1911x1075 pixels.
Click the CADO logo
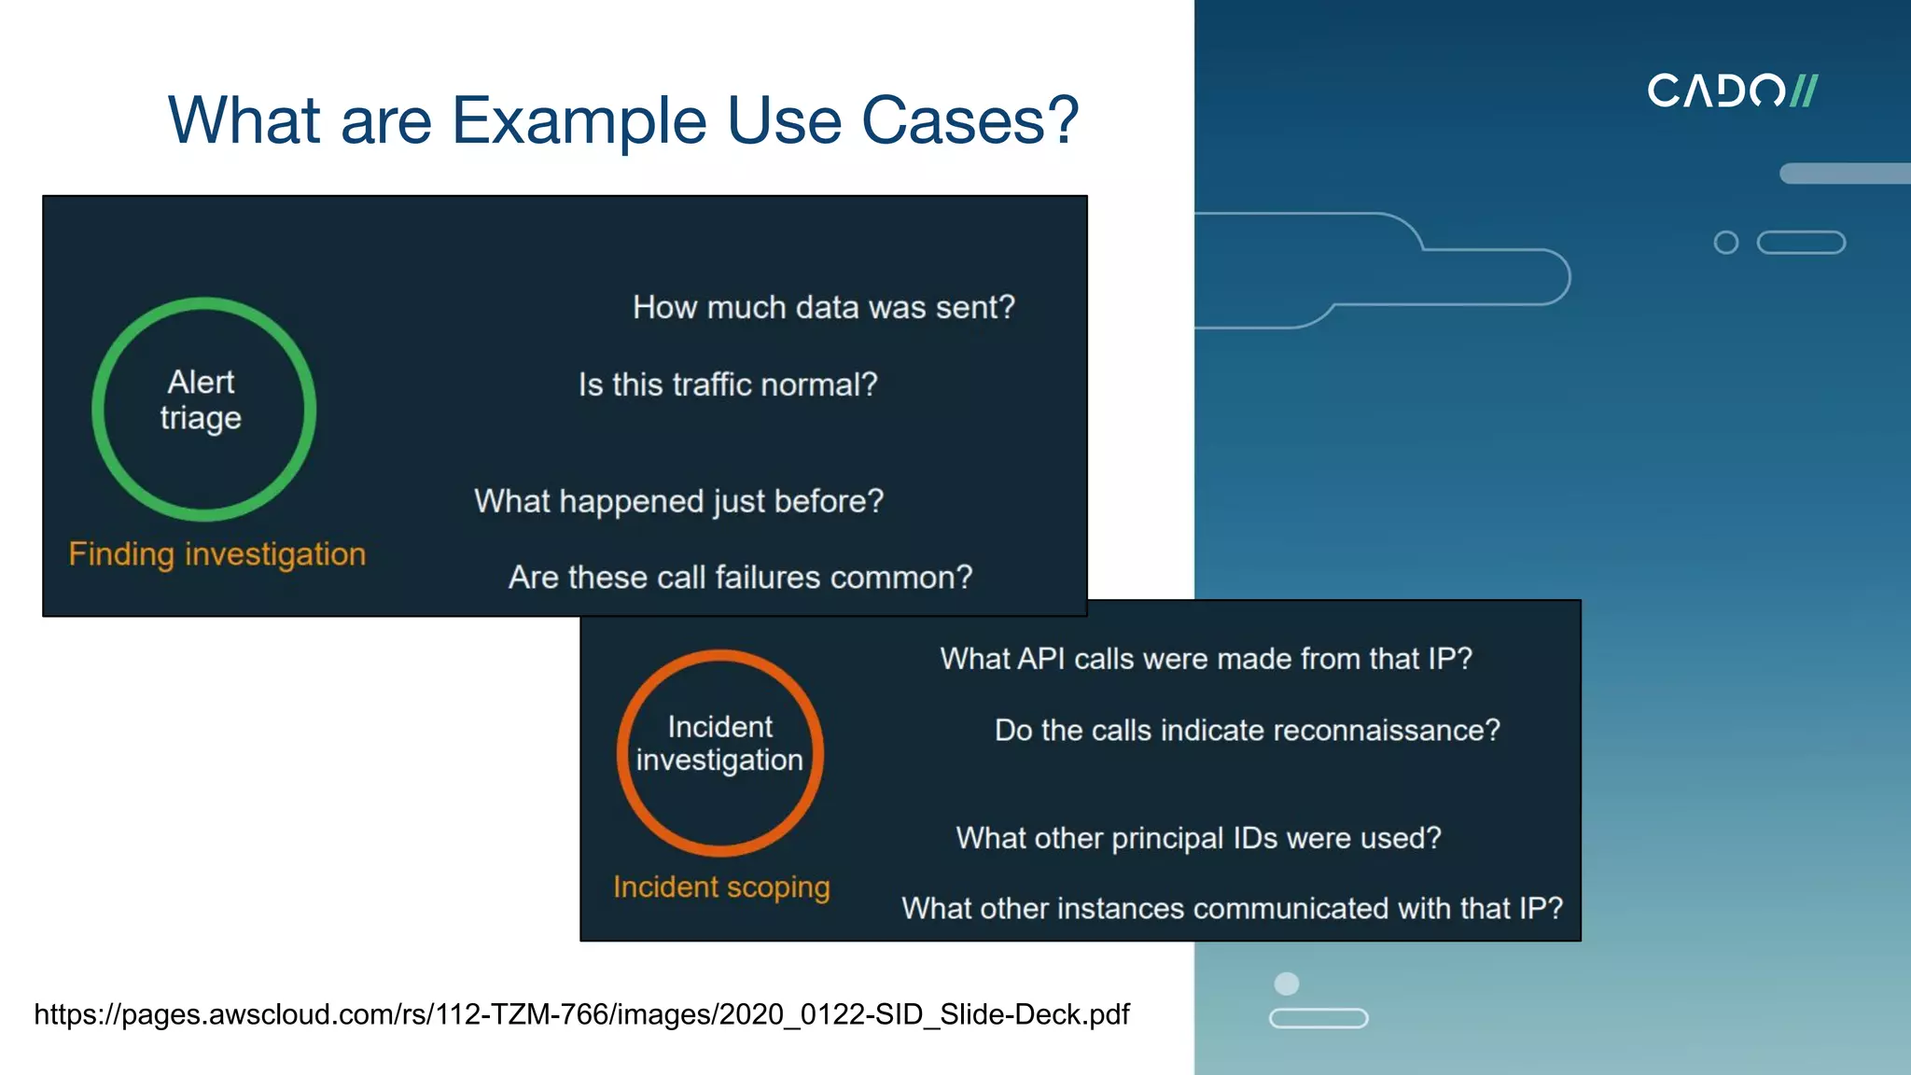click(x=1731, y=91)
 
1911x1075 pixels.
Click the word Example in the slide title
click(x=579, y=121)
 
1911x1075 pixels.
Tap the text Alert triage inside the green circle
click(x=201, y=400)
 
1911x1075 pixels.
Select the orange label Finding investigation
click(x=216, y=554)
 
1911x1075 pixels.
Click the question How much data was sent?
click(x=823, y=307)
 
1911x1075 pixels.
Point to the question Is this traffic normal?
click(x=728, y=384)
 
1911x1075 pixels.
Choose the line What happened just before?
click(x=678, y=501)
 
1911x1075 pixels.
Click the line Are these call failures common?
click(x=740, y=578)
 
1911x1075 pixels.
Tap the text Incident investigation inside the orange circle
click(x=719, y=744)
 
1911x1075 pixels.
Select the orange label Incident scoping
click(x=721, y=887)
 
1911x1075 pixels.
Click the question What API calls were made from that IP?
click(x=1206, y=659)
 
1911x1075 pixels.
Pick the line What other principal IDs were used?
click(x=1198, y=838)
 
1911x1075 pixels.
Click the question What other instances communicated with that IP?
click(x=1232, y=908)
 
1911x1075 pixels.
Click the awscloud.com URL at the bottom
click(x=581, y=1014)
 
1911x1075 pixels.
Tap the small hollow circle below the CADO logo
click(x=1726, y=243)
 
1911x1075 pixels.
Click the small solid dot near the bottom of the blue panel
click(x=1287, y=984)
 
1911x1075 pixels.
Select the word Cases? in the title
click(x=970, y=121)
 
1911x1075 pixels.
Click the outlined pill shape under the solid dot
click(x=1318, y=1018)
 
